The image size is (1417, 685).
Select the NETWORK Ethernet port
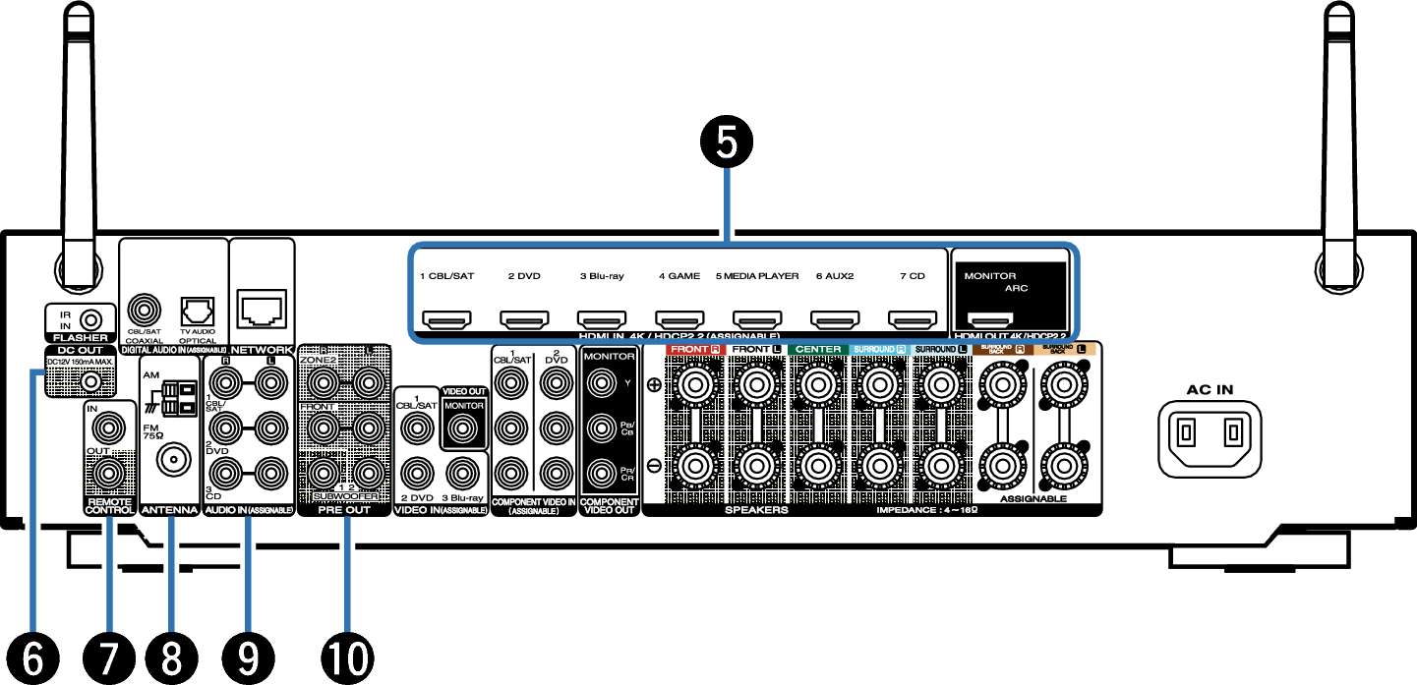262,308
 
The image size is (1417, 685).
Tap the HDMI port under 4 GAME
679,319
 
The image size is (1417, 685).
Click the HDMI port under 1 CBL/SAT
446,319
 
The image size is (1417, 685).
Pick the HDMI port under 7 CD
912,319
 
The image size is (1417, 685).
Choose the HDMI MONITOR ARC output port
992,319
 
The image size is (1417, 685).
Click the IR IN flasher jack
90,318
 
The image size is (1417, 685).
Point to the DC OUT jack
90,381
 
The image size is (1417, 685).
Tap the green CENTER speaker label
818,349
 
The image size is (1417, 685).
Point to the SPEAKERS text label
756,510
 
